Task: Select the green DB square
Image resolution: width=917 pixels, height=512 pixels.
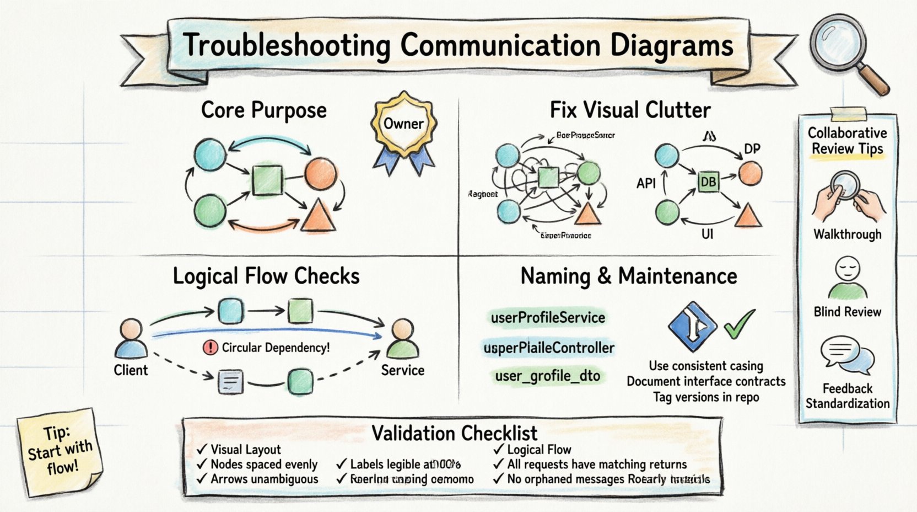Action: coord(708,182)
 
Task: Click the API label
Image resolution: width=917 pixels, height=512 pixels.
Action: coord(646,183)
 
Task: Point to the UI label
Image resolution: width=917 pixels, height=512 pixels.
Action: coord(707,234)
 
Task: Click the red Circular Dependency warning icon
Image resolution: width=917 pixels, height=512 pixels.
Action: coord(211,348)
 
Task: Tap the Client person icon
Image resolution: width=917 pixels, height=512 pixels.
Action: coord(131,339)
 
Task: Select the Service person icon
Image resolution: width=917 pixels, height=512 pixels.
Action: coord(402,339)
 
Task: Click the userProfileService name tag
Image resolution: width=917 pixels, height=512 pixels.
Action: coord(548,318)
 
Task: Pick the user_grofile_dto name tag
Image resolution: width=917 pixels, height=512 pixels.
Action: coord(547,376)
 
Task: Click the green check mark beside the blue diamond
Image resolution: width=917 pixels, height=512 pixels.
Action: coord(739,324)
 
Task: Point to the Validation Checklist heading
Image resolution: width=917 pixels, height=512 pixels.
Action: coord(454,433)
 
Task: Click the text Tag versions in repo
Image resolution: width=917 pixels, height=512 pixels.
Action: coord(706,397)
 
